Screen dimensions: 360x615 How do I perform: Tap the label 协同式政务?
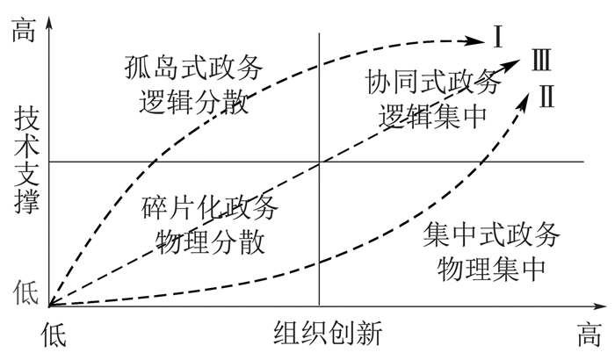(431, 83)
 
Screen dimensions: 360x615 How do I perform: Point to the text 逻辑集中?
(432, 116)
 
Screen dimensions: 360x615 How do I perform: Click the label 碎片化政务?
(209, 209)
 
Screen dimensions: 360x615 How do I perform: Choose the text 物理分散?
(209, 241)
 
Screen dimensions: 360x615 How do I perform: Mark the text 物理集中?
(489, 266)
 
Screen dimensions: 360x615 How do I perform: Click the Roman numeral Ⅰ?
(497, 38)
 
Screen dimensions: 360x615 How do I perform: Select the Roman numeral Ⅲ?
(541, 61)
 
